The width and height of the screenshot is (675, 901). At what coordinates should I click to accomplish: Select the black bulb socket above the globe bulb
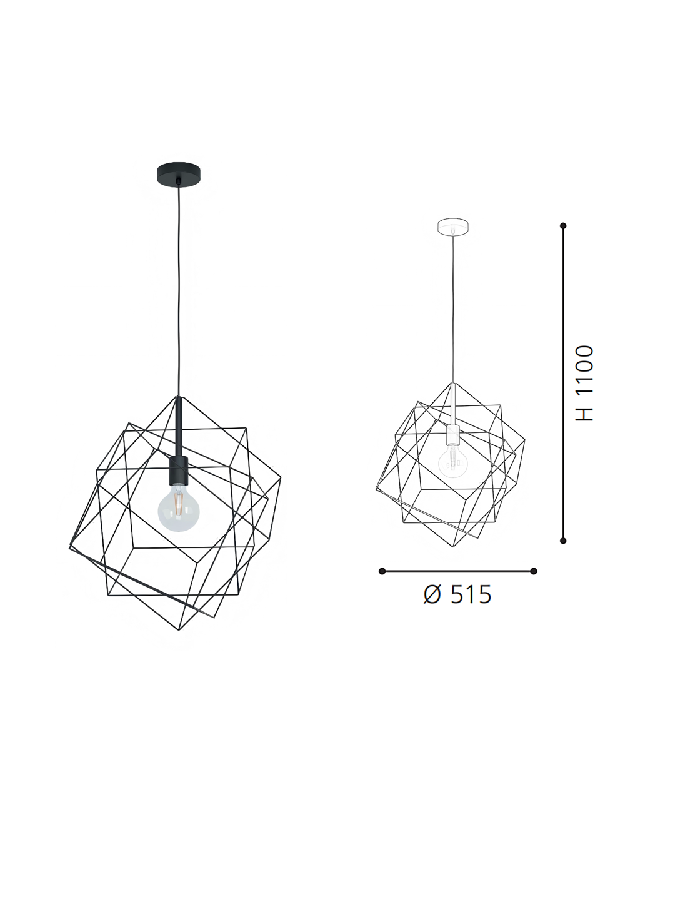click(x=179, y=471)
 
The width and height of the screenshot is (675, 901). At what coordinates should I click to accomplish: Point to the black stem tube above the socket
click(x=179, y=425)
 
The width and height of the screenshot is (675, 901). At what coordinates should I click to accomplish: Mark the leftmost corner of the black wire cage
click(x=70, y=548)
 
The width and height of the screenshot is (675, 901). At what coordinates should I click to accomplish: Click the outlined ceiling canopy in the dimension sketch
click(x=453, y=226)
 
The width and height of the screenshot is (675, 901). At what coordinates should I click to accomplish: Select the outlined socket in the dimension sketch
click(x=453, y=435)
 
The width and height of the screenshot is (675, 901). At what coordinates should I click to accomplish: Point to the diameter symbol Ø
click(x=432, y=594)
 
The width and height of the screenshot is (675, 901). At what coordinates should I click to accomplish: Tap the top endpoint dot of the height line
click(x=563, y=225)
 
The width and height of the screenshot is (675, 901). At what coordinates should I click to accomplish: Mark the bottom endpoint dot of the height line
click(x=563, y=540)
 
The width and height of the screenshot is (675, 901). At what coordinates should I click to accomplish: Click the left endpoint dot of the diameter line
click(x=382, y=571)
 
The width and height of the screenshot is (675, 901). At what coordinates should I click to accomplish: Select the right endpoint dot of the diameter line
click(x=533, y=571)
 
